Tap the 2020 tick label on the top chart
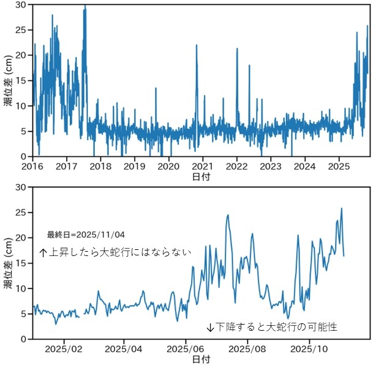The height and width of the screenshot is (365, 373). pyautogui.click(x=169, y=165)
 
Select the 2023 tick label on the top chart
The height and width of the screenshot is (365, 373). pyautogui.click(x=271, y=165)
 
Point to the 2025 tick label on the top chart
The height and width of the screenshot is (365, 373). pyautogui.click(x=339, y=165)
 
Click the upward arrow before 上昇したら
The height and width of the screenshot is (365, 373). pyautogui.click(x=43, y=252)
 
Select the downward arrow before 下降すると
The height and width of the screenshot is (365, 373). pyautogui.click(x=210, y=327)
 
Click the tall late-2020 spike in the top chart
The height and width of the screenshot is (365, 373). pyautogui.click(x=197, y=46)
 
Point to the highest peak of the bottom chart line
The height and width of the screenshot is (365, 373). pyautogui.click(x=341, y=208)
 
